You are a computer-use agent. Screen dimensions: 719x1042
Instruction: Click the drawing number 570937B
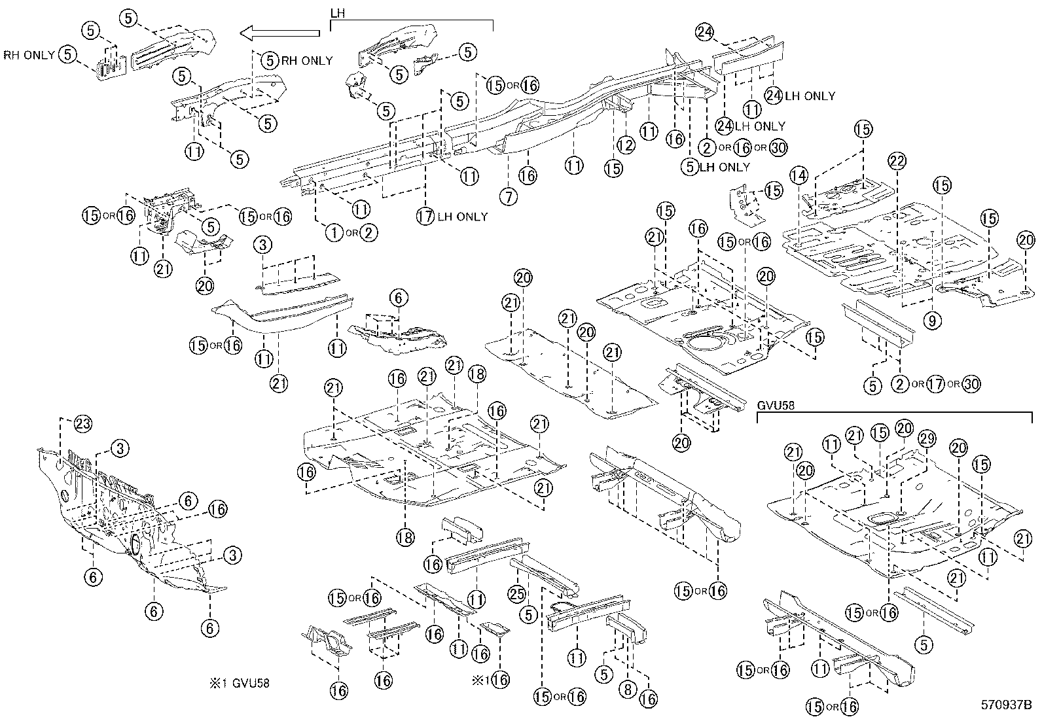point(1005,705)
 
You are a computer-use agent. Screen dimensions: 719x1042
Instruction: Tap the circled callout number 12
point(626,145)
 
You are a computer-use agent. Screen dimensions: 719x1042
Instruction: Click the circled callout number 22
point(897,160)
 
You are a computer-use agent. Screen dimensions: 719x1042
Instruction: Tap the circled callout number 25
point(517,593)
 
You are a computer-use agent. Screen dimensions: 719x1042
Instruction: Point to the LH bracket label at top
point(338,12)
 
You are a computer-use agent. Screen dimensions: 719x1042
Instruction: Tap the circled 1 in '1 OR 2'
point(334,232)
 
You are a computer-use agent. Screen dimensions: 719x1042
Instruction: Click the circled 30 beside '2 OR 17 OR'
point(971,384)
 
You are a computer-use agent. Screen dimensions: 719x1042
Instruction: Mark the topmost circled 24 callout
point(704,31)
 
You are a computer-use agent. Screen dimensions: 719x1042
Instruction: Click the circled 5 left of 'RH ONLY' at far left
point(68,54)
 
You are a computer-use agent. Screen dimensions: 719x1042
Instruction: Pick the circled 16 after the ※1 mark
point(499,680)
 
